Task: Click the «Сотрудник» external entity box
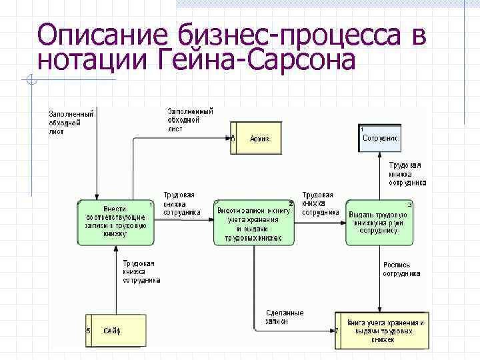pyautogui.click(x=380, y=138)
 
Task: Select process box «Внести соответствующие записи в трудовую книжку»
pyautogui.click(x=115, y=222)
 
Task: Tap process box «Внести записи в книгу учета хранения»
pyautogui.click(x=254, y=222)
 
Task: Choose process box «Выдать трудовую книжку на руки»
pyautogui.click(x=379, y=222)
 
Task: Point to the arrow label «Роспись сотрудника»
pyautogui.click(x=401, y=269)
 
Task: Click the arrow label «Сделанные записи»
pyautogui.click(x=284, y=317)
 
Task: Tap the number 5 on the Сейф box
pyautogui.click(x=89, y=331)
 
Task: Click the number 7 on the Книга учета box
pyautogui.click(x=337, y=330)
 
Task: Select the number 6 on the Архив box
pyautogui.click(x=233, y=139)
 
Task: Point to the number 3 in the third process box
pyautogui.click(x=409, y=204)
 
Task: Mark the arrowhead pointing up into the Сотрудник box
pyautogui.click(x=380, y=155)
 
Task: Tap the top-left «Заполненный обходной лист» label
pyautogui.click(x=70, y=122)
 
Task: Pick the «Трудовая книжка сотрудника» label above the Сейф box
pyautogui.click(x=141, y=272)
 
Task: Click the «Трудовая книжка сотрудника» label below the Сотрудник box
pyautogui.click(x=407, y=173)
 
